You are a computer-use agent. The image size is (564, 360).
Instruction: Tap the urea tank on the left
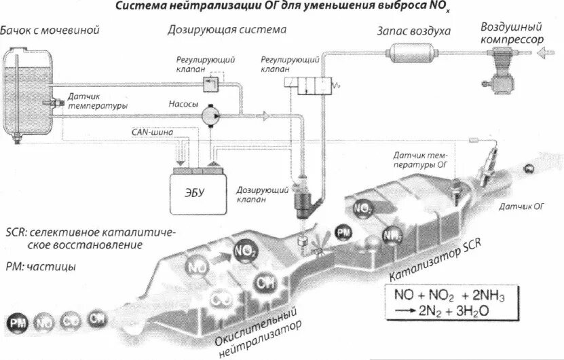click(x=26, y=91)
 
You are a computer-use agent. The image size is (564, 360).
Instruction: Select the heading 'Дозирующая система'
click(x=227, y=31)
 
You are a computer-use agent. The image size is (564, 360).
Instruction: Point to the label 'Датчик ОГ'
click(x=521, y=205)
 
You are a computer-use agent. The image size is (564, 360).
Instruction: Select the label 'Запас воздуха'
click(x=414, y=31)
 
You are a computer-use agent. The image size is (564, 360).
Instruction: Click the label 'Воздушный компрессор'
click(x=512, y=33)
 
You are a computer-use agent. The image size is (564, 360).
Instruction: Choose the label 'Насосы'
click(x=183, y=106)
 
